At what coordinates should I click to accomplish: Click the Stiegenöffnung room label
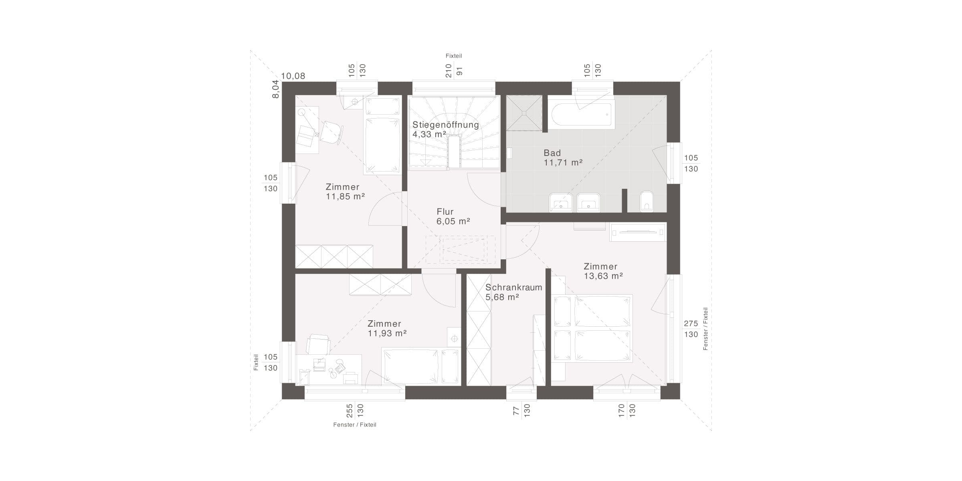coord(446,125)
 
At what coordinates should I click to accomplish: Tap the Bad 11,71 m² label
coord(563,158)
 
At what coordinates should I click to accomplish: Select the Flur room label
coord(445,212)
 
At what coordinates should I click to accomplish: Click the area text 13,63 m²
coord(603,276)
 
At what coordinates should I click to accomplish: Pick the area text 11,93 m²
coord(387,333)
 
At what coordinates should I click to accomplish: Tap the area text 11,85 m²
coord(345,197)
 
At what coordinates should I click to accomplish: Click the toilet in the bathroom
coord(647,201)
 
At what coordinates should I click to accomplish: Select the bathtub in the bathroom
coord(581,115)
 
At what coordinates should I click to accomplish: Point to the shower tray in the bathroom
coord(524,113)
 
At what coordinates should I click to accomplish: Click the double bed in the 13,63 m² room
coord(592,328)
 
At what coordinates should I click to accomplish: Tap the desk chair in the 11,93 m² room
coord(318,344)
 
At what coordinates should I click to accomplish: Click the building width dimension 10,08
coord(293,76)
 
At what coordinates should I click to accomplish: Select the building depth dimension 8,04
coord(275,89)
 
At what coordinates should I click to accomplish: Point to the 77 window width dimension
coord(516,410)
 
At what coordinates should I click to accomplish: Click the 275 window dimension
coord(691,323)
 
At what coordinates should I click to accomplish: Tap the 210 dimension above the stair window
coord(449,71)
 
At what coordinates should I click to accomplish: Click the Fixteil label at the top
coord(454,56)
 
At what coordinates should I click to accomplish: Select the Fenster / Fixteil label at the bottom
coord(355,424)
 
